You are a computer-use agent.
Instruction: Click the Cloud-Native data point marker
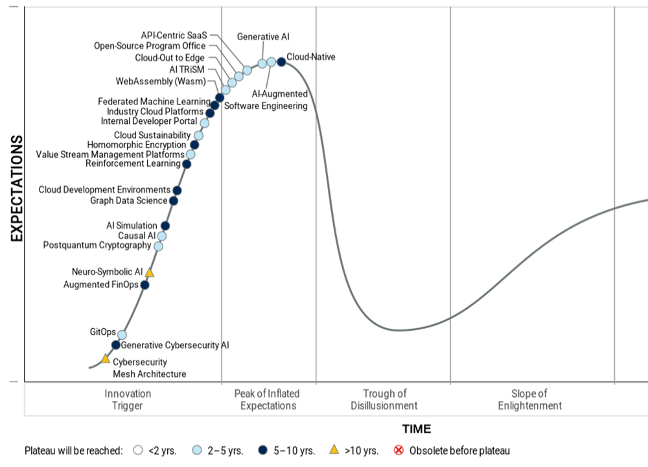[x=281, y=62]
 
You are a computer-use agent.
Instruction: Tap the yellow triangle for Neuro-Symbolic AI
[x=150, y=273]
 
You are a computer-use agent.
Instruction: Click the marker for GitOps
[x=122, y=334]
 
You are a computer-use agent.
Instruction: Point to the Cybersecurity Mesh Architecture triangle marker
[x=106, y=359]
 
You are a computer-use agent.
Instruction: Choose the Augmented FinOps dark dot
[x=145, y=285]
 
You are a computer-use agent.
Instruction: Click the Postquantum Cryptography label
[x=97, y=245]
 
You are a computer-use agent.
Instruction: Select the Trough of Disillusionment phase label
[x=384, y=400]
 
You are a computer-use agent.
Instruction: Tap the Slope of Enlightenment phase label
[x=529, y=400]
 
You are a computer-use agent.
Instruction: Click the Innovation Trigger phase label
[x=128, y=400]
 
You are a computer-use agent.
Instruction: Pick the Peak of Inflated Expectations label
[x=268, y=400]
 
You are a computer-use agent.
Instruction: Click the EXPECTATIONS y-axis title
[x=17, y=189]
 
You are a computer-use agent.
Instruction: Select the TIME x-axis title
[x=416, y=429]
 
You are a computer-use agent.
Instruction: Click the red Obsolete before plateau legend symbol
[x=399, y=450]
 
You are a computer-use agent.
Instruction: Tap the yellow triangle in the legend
[x=334, y=449]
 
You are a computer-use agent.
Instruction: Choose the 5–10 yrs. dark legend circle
[x=263, y=450]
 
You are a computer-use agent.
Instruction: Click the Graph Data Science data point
[x=173, y=201]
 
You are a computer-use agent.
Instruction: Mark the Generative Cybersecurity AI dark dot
[x=116, y=345]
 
